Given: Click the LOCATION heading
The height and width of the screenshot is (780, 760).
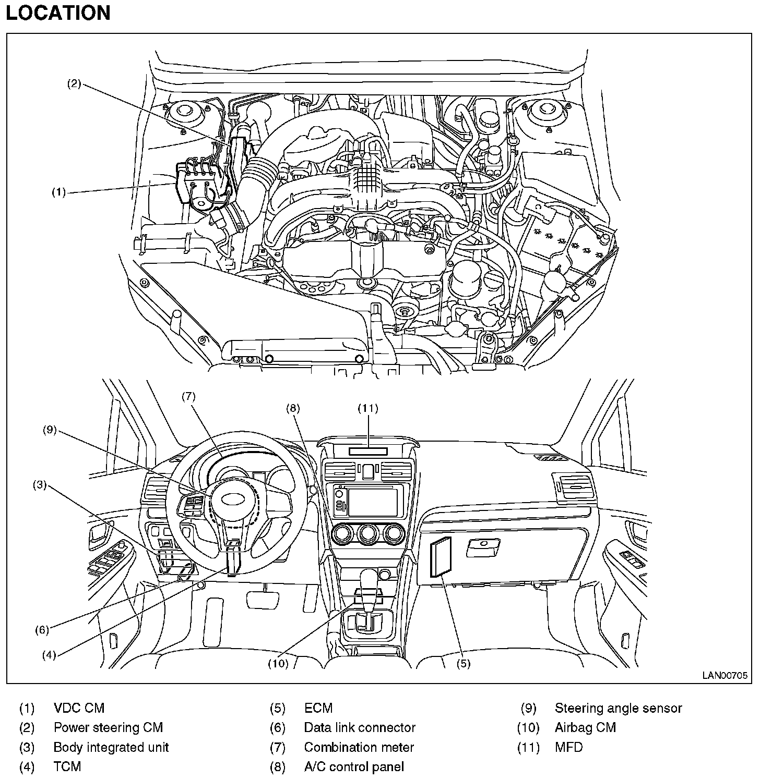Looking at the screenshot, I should pyautogui.click(x=58, y=13).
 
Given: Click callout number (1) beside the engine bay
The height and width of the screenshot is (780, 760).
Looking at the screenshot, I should pyautogui.click(x=58, y=192).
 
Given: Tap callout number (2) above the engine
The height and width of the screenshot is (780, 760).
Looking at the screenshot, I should pyautogui.click(x=74, y=83).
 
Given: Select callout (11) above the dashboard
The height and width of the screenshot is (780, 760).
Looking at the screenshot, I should pyautogui.click(x=367, y=408).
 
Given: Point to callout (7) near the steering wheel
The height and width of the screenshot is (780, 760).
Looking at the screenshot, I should pyautogui.click(x=188, y=396).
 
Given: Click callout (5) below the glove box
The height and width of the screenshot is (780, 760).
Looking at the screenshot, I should pyautogui.click(x=463, y=664).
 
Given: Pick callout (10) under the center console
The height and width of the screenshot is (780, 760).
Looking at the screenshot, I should pyautogui.click(x=278, y=664).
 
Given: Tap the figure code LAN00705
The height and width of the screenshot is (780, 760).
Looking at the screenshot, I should pyautogui.click(x=725, y=675).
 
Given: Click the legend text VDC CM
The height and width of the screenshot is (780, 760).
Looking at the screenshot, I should pyautogui.click(x=79, y=708).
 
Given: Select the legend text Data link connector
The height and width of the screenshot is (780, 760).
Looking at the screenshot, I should pyautogui.click(x=360, y=727).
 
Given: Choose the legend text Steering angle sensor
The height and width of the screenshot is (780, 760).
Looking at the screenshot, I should pyautogui.click(x=618, y=708).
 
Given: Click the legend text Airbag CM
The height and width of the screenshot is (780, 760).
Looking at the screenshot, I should pyautogui.click(x=585, y=727).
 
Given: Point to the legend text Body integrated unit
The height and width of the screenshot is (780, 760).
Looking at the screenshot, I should pyautogui.click(x=111, y=747).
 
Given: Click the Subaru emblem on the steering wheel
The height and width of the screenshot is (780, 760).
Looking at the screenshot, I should pyautogui.click(x=233, y=499).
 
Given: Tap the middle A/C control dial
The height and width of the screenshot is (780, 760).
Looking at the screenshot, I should pyautogui.click(x=368, y=534).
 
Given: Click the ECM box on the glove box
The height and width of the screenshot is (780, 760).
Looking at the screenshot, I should pyautogui.click(x=440, y=557).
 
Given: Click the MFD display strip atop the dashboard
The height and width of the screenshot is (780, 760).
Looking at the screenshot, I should pyautogui.click(x=368, y=451).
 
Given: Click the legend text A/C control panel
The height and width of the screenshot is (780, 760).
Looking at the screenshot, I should pyautogui.click(x=354, y=767).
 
